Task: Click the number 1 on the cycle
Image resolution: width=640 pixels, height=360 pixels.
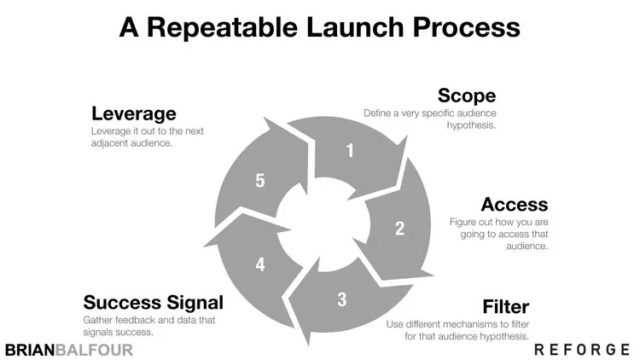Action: point(349,151)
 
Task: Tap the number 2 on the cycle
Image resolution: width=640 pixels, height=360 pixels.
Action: point(398,228)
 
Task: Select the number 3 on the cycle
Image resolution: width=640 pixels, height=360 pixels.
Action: point(341,299)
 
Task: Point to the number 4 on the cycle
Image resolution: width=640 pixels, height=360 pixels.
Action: point(260,264)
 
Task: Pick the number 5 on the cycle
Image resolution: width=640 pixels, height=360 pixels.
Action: point(261,181)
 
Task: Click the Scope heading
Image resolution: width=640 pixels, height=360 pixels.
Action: point(467,96)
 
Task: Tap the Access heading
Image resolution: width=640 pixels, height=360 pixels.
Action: point(514,205)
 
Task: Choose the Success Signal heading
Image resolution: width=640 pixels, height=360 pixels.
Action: point(153,302)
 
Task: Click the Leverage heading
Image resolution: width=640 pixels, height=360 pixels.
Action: point(133,113)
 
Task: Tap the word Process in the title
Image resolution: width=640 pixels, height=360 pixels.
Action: point(472,27)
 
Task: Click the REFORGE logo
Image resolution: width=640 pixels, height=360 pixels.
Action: point(582,350)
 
